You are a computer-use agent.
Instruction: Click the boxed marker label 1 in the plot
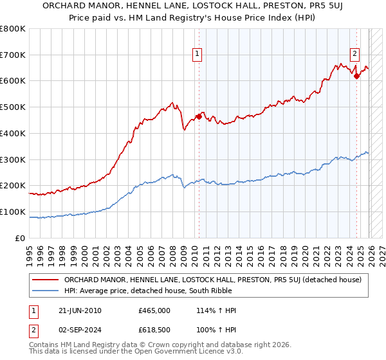[197, 55]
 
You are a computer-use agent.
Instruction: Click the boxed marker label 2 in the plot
[354, 55]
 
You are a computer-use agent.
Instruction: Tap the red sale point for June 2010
[199, 116]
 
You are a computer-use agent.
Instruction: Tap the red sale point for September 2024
[356, 76]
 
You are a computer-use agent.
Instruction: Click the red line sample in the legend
[46, 280]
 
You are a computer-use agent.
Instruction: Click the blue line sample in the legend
[46, 291]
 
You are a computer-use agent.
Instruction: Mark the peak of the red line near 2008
[172, 102]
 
